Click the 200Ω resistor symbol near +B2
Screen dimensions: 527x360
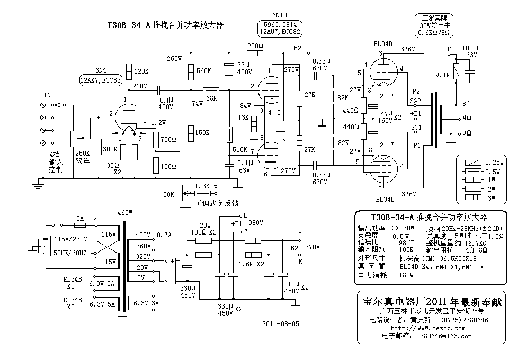[x=255, y=53]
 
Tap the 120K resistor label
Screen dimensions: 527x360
[x=141, y=71]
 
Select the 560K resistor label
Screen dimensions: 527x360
[x=204, y=71]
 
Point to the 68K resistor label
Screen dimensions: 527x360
[x=211, y=98]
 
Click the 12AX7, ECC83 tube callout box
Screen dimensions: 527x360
[x=101, y=80]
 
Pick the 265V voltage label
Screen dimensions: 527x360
[x=174, y=58]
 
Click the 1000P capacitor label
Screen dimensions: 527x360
[x=471, y=48]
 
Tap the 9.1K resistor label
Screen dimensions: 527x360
[x=442, y=75]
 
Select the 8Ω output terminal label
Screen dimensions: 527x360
[x=467, y=104]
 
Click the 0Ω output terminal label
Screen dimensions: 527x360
[x=467, y=133]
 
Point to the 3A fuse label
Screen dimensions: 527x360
[x=79, y=219]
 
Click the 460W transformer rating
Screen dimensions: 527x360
[x=124, y=213]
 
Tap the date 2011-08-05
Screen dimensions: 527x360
[x=281, y=323]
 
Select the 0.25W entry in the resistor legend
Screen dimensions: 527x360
[x=494, y=163]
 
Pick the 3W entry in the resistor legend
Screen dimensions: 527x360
[x=492, y=198]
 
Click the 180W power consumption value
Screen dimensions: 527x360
[x=406, y=275]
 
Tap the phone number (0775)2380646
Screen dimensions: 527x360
[x=465, y=320]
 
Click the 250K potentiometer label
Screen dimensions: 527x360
[x=82, y=154]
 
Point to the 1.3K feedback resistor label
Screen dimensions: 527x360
[x=202, y=186]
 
